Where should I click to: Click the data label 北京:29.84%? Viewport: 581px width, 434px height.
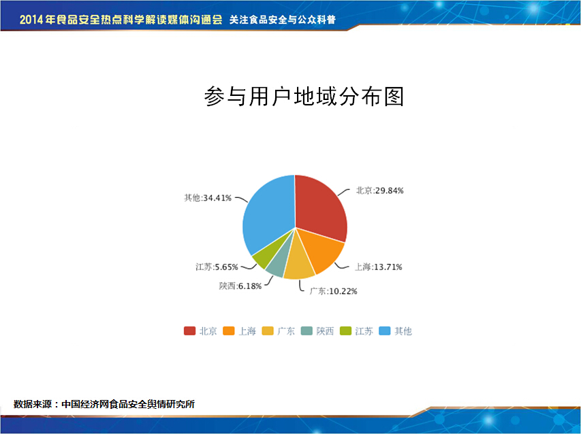click(380, 190)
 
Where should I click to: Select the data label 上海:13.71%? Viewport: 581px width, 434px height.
click(379, 267)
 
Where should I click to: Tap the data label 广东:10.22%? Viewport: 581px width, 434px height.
click(334, 291)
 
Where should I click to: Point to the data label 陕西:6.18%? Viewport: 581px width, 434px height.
click(240, 286)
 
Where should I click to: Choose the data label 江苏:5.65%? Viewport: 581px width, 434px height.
click(217, 267)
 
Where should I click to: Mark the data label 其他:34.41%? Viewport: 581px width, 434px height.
click(208, 198)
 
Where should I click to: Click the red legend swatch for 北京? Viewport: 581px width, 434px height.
click(190, 331)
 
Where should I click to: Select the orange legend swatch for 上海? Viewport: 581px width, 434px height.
click(229, 331)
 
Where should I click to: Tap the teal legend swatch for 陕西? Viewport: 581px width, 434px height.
click(307, 331)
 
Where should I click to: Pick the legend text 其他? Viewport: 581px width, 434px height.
click(403, 331)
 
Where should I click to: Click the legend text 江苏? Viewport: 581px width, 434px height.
click(364, 331)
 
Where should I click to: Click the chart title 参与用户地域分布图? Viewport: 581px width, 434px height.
click(304, 97)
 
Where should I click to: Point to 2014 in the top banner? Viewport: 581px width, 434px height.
click(31, 20)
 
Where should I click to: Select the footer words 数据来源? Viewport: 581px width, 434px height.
click(33, 404)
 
